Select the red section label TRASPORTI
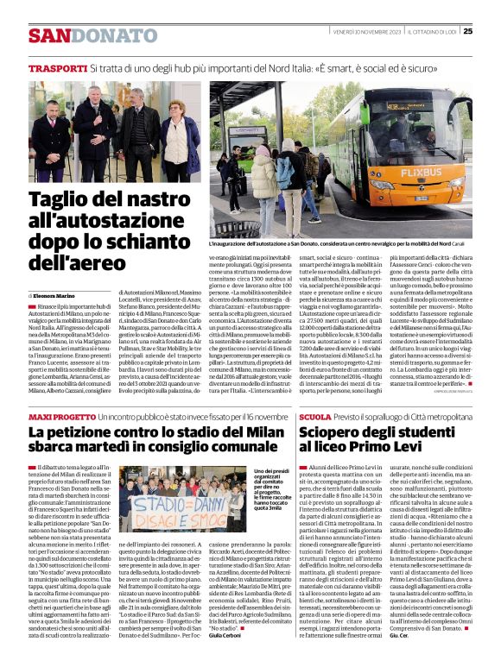(x=56, y=67)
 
